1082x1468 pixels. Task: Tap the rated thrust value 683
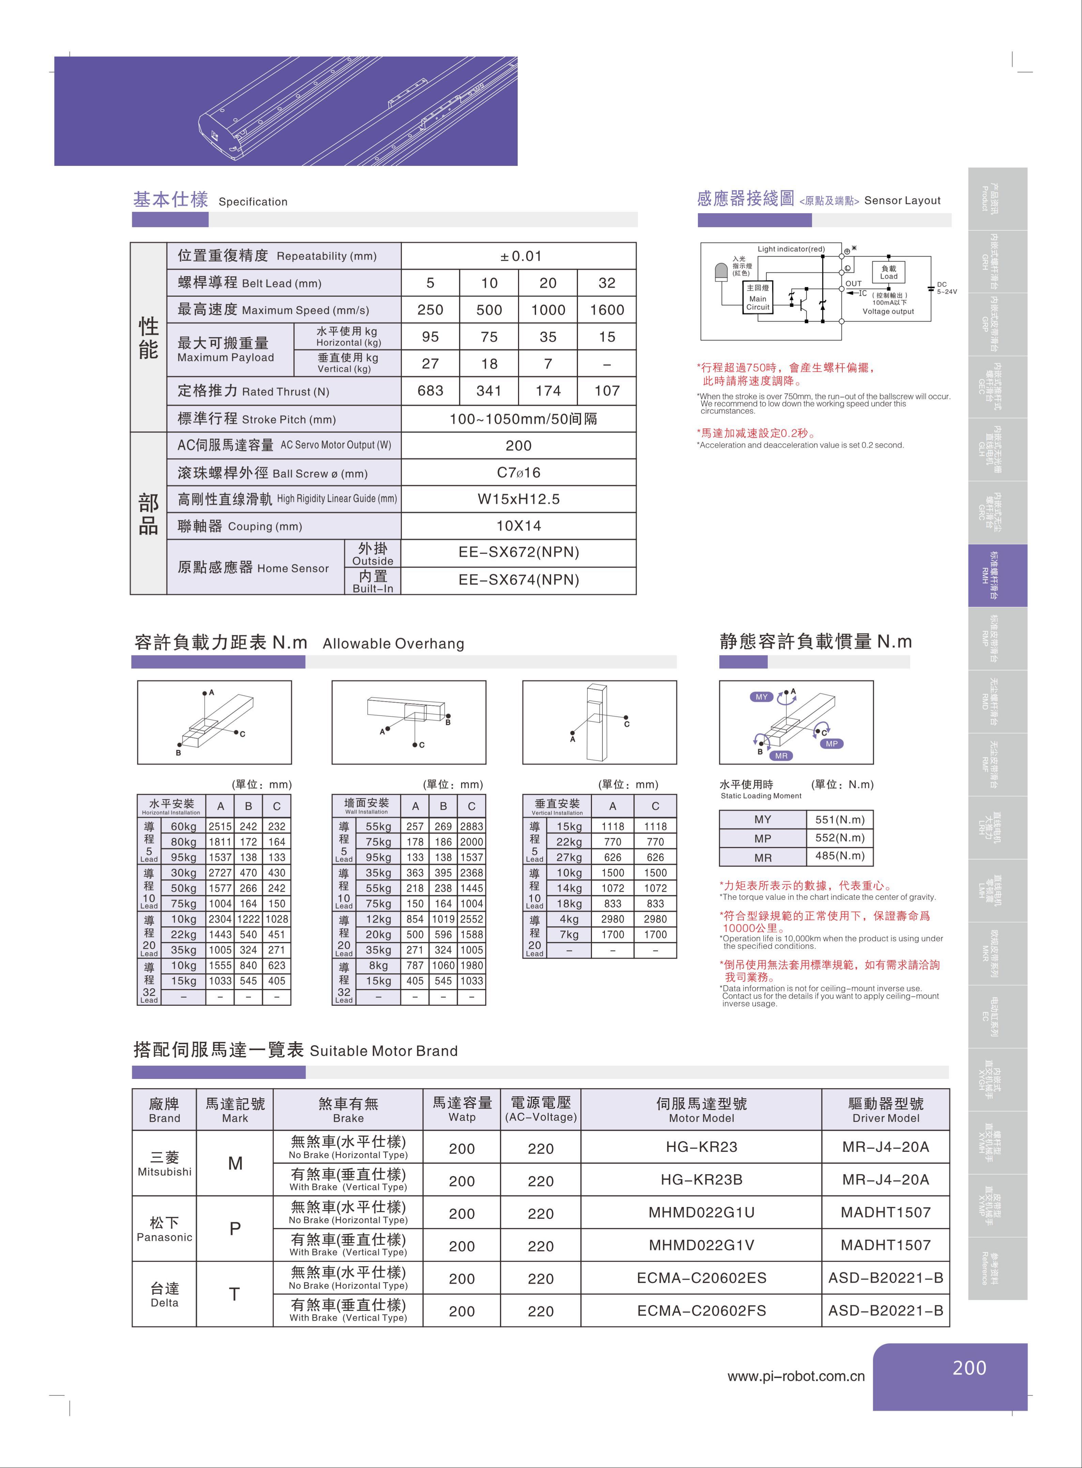430,391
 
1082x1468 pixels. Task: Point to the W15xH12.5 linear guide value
519,499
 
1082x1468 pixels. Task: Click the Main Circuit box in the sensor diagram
758,298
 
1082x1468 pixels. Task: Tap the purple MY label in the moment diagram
761,697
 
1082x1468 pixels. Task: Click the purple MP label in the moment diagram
831,744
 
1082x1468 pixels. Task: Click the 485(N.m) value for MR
840,856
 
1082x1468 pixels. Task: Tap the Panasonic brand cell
164,1229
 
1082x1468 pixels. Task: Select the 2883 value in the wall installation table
472,826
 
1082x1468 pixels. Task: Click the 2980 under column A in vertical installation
612,919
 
